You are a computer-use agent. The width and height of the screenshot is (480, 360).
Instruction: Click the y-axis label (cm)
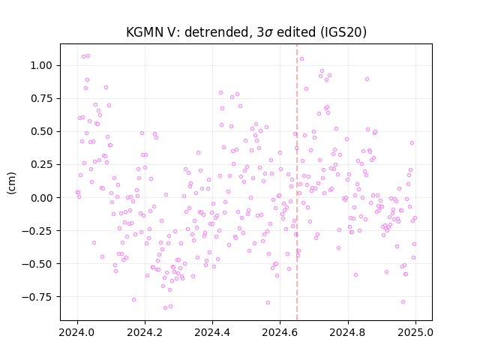point(11,183)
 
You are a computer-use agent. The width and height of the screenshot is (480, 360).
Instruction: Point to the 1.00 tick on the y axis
point(41,65)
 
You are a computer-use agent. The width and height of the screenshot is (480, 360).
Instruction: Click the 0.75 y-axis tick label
point(41,98)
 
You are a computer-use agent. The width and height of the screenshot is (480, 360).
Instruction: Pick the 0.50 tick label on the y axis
point(41,132)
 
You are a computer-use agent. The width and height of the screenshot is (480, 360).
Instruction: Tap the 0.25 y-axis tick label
point(41,165)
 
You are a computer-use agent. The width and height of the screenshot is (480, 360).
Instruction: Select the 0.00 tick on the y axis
point(41,198)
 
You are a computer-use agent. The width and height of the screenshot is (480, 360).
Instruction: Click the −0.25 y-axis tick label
point(37,231)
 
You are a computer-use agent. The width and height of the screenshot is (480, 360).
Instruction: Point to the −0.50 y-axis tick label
point(37,264)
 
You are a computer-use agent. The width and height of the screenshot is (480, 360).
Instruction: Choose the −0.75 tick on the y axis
point(37,297)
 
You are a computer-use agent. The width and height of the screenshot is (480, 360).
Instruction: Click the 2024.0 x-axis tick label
point(77,332)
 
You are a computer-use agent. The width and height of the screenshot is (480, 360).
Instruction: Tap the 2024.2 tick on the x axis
point(145,332)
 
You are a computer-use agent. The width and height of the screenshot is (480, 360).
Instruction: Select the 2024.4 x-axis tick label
point(212,332)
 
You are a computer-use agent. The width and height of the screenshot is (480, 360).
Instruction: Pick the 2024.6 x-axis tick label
point(280,332)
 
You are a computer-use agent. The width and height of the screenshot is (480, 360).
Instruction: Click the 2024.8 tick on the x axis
point(348,332)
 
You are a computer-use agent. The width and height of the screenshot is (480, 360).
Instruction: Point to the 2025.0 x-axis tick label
point(415,332)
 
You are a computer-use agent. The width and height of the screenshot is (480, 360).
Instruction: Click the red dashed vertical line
point(297,182)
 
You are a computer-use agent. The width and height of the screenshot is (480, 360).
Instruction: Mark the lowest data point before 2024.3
point(165,307)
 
